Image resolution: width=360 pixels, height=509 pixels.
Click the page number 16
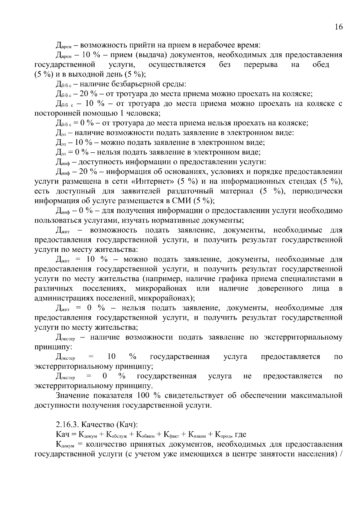tap(338, 27)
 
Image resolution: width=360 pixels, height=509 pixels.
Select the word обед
tap(321, 64)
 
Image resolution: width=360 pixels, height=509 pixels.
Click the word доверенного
tap(280, 289)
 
